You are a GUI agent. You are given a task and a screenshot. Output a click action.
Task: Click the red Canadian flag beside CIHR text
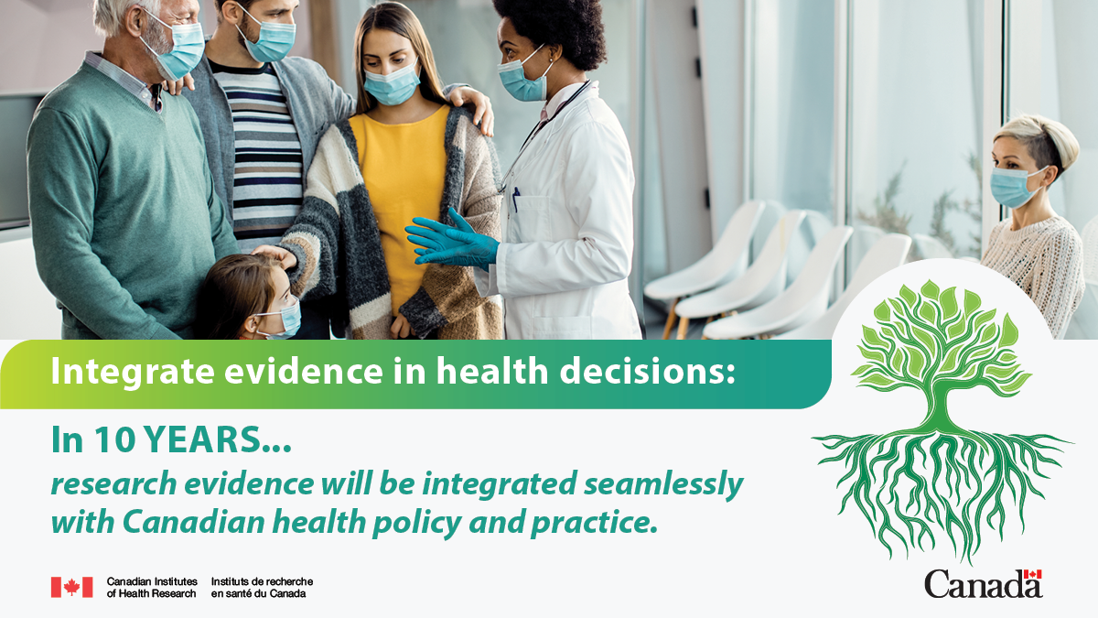[x=71, y=587]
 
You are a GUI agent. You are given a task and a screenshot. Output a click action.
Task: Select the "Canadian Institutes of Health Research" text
[x=151, y=587]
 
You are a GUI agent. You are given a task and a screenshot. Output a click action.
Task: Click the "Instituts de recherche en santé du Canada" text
[x=262, y=587]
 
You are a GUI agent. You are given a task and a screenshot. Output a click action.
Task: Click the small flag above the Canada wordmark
[x=1032, y=574]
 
